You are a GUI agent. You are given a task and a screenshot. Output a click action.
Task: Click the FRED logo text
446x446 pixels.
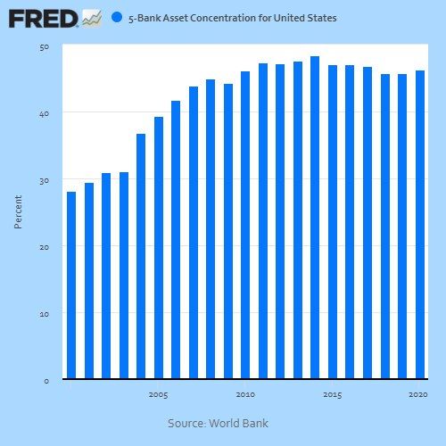(x=43, y=17)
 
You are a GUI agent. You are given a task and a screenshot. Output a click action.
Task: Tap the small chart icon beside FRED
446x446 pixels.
(x=91, y=17)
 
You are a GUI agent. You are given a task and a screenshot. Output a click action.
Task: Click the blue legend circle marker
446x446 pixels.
(x=117, y=17)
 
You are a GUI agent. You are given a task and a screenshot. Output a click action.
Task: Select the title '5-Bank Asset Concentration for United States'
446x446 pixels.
(x=233, y=18)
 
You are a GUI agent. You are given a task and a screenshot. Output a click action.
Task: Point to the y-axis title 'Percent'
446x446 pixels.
(x=18, y=211)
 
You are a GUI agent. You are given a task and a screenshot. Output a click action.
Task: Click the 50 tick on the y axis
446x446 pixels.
(x=45, y=46)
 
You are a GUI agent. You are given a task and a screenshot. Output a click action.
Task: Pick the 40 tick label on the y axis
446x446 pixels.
(x=45, y=113)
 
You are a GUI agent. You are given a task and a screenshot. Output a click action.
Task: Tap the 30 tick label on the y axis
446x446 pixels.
(x=45, y=180)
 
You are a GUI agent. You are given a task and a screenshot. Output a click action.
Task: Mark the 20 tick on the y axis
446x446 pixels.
(x=45, y=247)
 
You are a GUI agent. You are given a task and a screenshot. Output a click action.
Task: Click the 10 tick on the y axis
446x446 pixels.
(x=45, y=314)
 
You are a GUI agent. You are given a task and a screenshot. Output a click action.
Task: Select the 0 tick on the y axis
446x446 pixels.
(x=46, y=381)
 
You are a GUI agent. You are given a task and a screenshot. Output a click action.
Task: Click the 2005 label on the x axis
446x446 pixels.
(x=158, y=394)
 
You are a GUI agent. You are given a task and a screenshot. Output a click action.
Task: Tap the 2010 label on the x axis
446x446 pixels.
(x=245, y=394)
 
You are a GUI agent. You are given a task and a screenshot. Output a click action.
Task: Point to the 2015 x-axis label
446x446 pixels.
(x=332, y=394)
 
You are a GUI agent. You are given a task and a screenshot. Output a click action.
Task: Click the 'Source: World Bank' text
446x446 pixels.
(x=218, y=423)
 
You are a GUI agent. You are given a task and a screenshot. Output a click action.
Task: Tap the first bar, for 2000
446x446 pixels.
(x=71, y=285)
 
